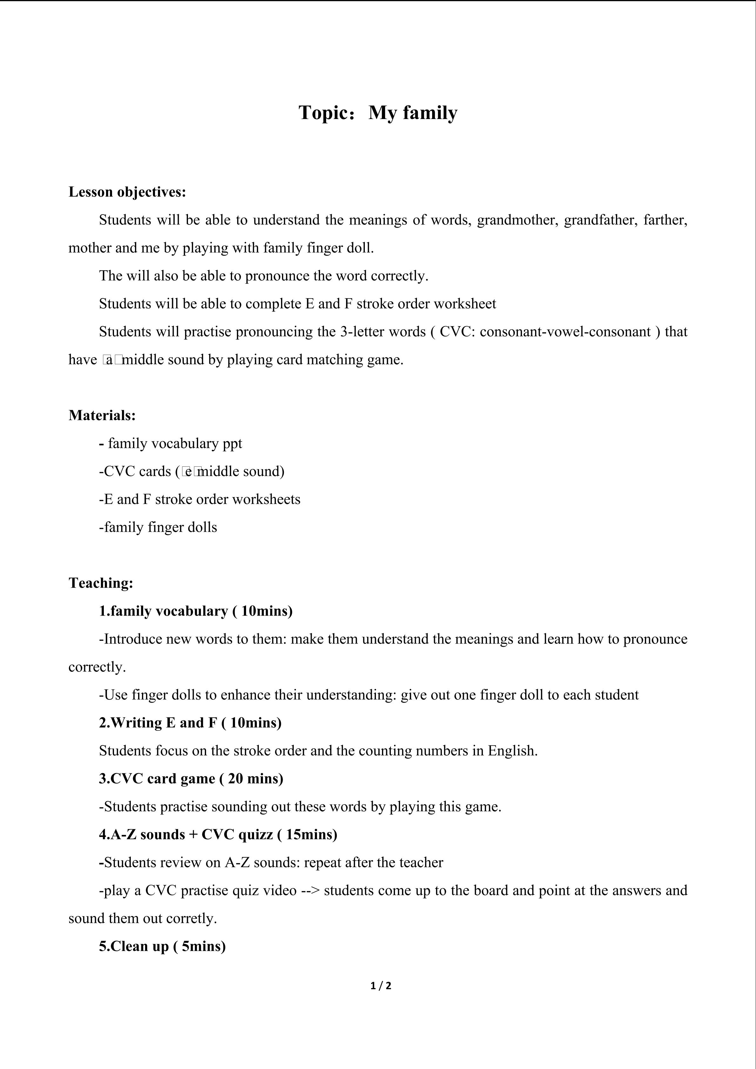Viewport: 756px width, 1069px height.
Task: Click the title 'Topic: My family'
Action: tap(378, 113)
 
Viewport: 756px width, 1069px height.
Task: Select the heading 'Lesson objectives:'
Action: tap(127, 192)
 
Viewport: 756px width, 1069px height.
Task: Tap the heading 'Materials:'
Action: tap(102, 415)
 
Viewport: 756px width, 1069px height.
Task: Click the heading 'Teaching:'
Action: tap(101, 583)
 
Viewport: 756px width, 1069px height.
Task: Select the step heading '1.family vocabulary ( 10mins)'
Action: tap(196, 611)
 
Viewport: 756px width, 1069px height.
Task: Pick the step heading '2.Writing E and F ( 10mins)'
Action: tap(190, 723)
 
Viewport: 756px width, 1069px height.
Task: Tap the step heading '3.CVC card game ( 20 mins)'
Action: tap(191, 778)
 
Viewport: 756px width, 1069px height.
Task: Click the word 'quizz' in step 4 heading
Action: tap(255, 834)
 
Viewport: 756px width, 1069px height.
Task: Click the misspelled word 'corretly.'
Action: tap(191, 918)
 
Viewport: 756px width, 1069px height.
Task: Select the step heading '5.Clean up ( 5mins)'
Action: tap(162, 946)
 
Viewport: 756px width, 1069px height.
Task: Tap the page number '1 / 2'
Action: tap(381, 986)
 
